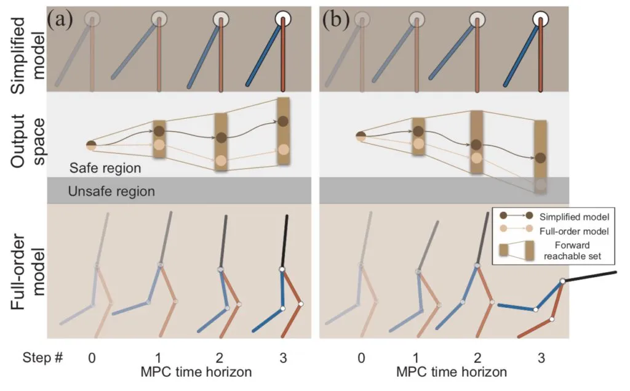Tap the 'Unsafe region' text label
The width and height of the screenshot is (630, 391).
click(111, 191)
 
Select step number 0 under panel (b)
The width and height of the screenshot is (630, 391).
click(361, 358)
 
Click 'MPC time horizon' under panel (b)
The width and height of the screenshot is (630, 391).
click(452, 372)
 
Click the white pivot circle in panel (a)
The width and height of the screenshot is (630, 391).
click(284, 18)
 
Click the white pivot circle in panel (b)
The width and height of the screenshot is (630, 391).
click(541, 18)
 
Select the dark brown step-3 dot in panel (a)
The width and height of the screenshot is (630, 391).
click(282, 121)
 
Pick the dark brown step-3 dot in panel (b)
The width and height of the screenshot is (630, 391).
click(540, 158)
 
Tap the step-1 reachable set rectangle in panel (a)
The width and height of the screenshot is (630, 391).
click(159, 139)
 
